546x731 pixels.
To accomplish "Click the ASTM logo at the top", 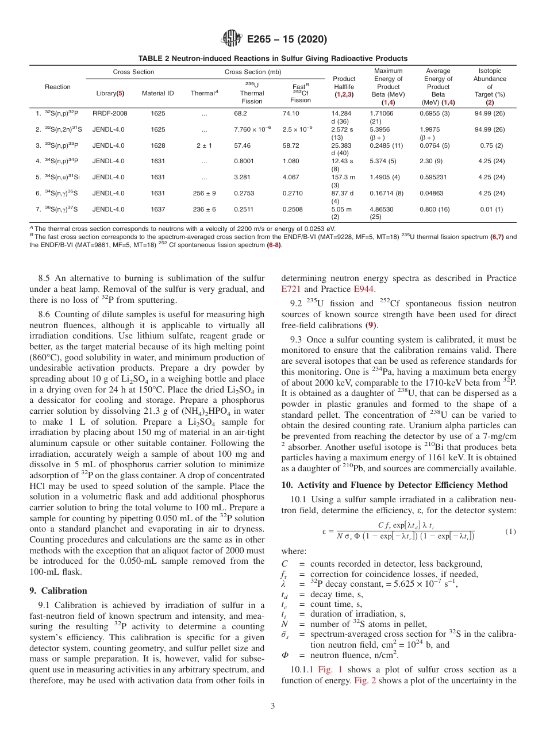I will [232, 39].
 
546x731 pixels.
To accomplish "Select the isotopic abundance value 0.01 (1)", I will [491, 210].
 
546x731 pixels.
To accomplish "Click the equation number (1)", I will [510, 532].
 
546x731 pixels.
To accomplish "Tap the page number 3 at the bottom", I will [272, 706].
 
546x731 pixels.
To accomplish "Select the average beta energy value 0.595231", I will [434, 178].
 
